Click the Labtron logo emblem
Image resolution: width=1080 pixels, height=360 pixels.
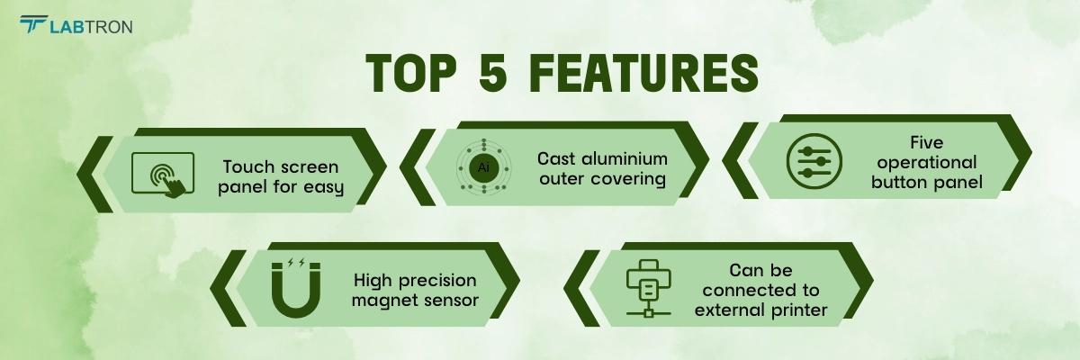33,23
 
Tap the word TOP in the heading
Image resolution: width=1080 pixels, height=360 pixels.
411,73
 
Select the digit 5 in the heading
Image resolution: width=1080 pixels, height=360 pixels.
493,73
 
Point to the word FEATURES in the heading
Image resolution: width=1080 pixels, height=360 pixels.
644,73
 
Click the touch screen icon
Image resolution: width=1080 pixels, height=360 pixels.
163,175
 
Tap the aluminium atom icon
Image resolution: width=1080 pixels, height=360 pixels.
483,167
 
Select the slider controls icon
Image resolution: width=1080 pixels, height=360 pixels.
814,161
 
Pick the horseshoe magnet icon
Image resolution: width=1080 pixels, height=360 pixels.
296,290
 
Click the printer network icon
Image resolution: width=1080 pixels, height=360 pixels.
649,288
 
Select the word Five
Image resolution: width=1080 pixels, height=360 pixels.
927,142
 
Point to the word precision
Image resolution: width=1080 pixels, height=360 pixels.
437,281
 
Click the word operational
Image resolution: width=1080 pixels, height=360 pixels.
927,163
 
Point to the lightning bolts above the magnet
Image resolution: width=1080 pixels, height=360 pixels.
296,262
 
